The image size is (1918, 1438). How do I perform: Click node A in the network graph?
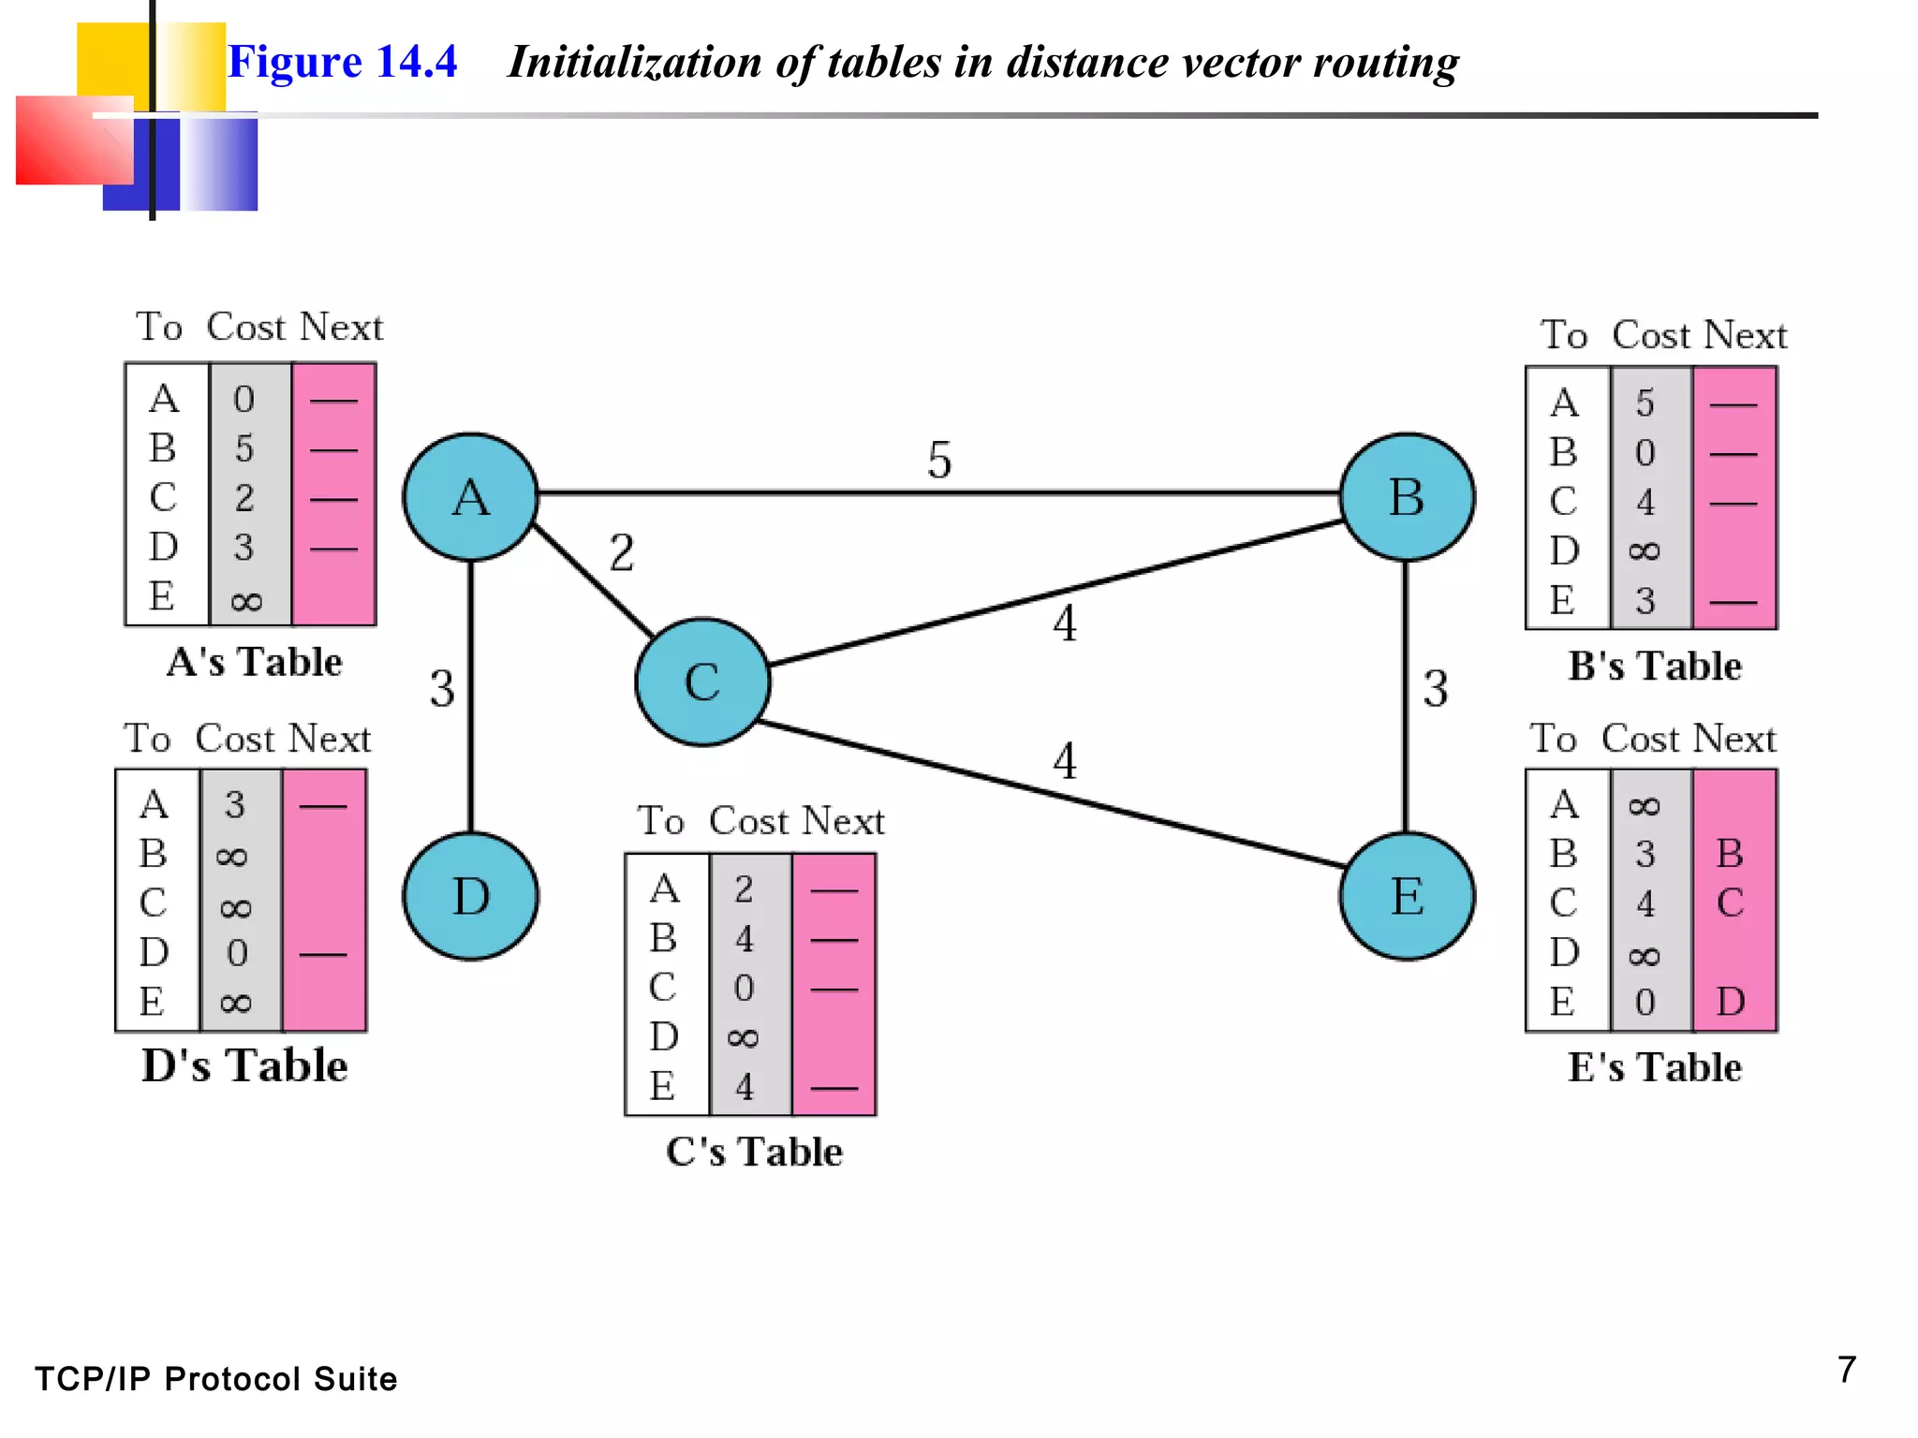[471, 497]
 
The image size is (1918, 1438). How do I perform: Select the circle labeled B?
[1406, 497]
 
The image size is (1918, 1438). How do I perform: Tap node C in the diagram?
[702, 682]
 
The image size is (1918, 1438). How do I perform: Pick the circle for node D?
[471, 896]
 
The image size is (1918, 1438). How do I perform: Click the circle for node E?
[1406, 896]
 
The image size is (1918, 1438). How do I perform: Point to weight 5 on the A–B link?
[939, 460]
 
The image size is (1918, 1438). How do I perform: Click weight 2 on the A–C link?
[622, 552]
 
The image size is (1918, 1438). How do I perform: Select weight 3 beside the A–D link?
[442, 688]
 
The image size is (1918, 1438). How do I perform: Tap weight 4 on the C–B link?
[1065, 624]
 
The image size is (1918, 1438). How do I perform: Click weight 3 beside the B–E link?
[1436, 688]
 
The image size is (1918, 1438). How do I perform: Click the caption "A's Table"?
[254, 662]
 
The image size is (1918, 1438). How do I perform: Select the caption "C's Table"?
[754, 1152]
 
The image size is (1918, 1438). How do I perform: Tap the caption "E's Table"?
[1655, 1067]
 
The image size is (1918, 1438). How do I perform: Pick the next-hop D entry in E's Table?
[1731, 1002]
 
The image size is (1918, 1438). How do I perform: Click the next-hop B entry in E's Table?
[1730, 853]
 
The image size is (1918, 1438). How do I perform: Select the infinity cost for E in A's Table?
[245, 601]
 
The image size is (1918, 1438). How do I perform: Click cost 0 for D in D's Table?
[237, 953]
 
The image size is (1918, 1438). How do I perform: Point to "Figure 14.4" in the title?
[343, 62]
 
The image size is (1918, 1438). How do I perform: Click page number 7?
[1846, 1370]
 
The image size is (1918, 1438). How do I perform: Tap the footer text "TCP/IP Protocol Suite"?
[216, 1379]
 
